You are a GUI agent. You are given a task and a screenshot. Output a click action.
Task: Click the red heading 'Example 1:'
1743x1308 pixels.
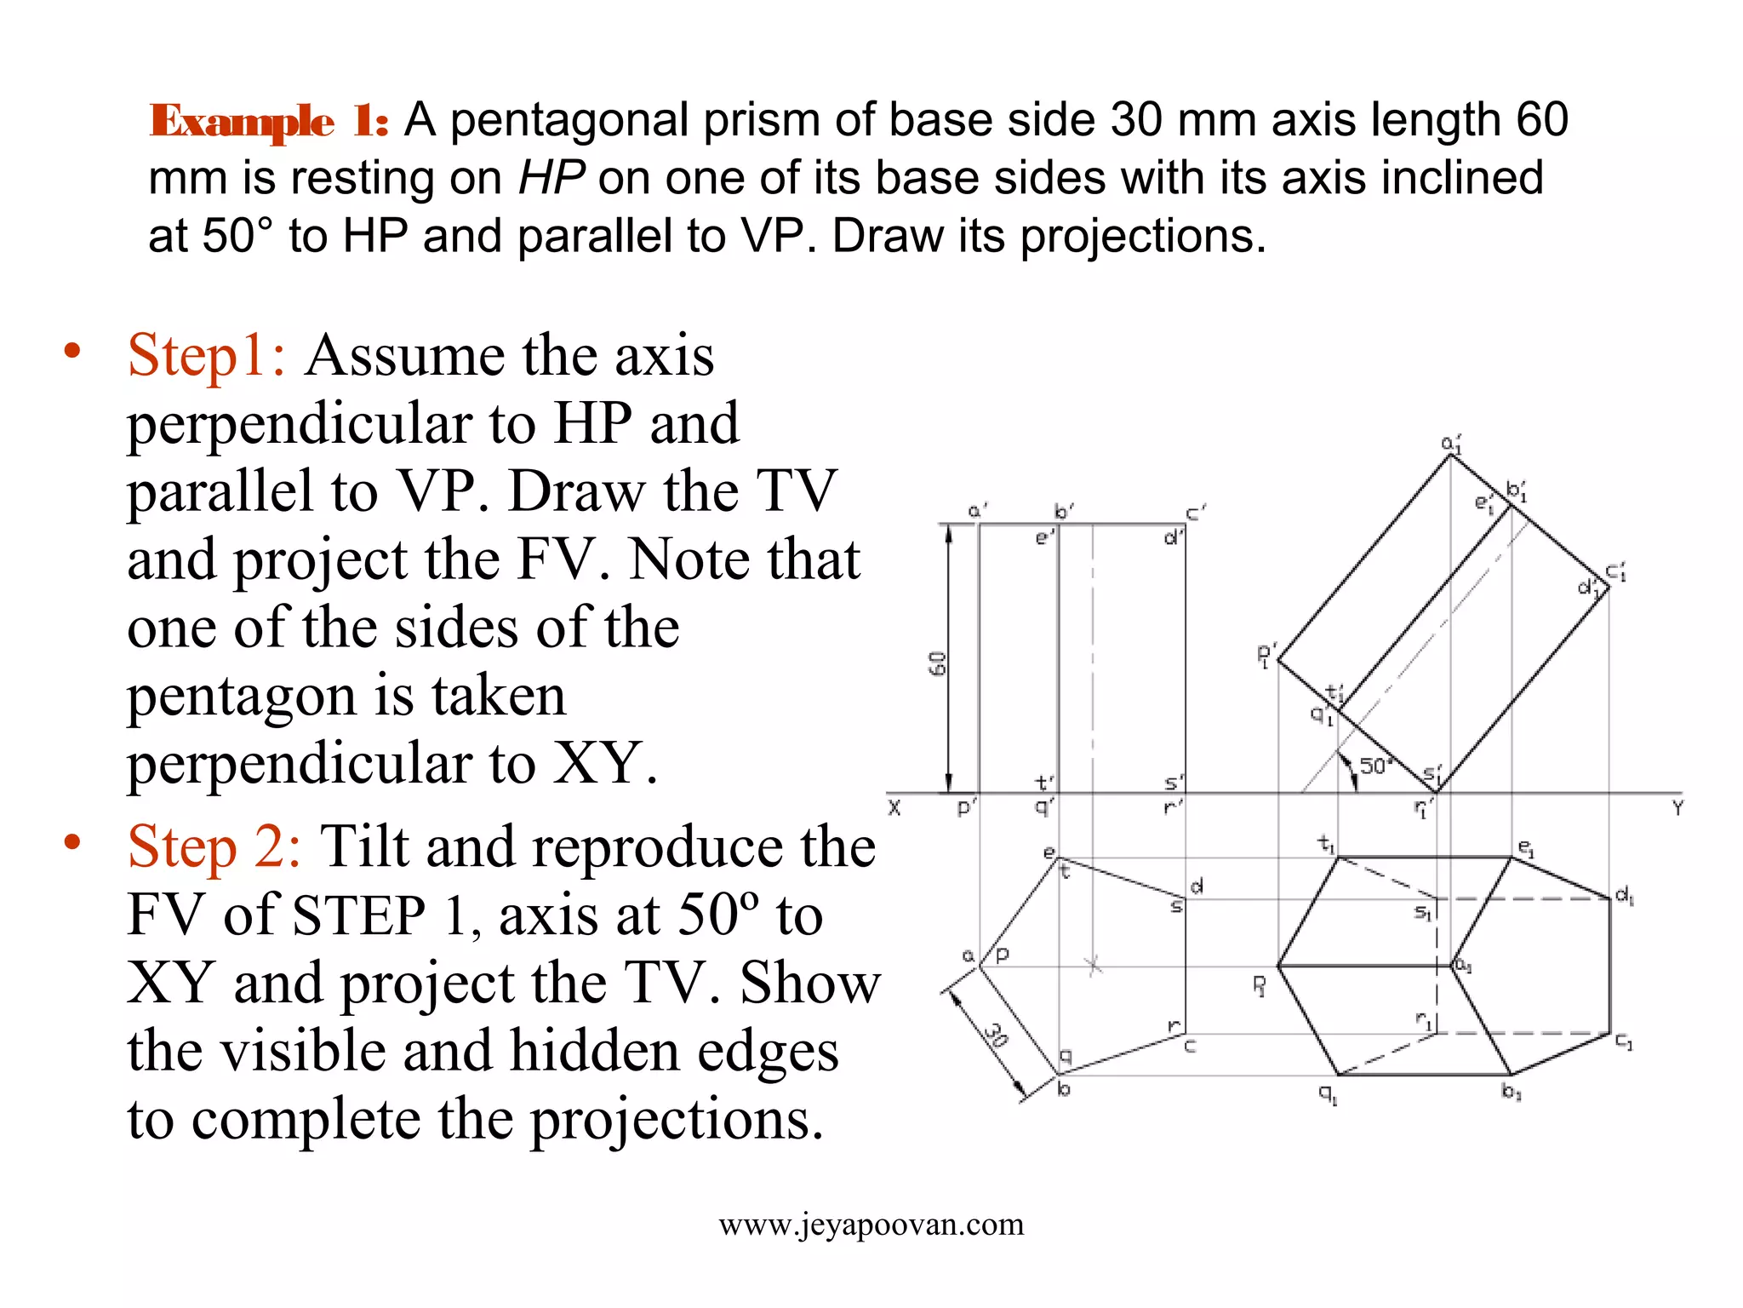click(x=269, y=121)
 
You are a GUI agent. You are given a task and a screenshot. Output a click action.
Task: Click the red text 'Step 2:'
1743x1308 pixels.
click(x=214, y=847)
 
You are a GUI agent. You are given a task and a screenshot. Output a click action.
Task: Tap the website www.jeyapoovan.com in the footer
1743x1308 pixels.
click(x=871, y=1225)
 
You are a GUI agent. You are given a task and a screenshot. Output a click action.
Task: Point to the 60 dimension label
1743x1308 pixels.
click(x=937, y=663)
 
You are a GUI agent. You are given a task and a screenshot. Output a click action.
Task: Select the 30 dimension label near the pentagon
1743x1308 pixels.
click(x=997, y=1034)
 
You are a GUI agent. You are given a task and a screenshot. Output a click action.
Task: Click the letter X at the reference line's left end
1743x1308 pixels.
click(x=894, y=807)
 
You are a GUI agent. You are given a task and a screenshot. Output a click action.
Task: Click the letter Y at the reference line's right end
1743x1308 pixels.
click(x=1677, y=808)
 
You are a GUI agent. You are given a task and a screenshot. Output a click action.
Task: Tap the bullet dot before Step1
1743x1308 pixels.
click(x=72, y=351)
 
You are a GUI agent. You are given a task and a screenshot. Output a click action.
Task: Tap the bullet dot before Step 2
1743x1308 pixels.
click(x=72, y=842)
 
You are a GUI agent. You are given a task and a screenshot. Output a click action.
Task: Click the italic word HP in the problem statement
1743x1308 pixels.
click(x=551, y=178)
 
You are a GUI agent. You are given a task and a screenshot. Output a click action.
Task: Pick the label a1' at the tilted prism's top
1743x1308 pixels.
click(x=1451, y=444)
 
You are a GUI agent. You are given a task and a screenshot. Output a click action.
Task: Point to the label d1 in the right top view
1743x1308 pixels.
click(x=1624, y=895)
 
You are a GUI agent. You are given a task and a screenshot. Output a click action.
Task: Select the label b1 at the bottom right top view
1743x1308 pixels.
click(x=1511, y=1092)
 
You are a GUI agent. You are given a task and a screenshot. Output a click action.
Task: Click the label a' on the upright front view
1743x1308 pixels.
click(x=977, y=510)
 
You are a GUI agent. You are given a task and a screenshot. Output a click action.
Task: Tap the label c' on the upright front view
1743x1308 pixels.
click(x=1195, y=513)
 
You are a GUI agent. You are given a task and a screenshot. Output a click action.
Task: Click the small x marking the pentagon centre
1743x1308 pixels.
click(x=1094, y=966)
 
